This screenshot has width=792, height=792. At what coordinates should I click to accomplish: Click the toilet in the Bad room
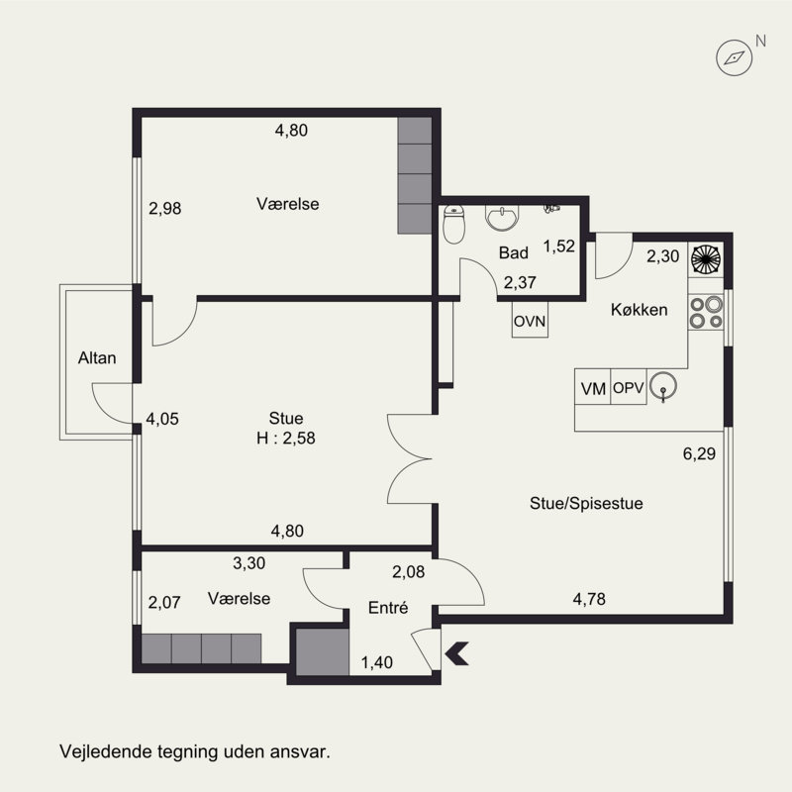(453, 225)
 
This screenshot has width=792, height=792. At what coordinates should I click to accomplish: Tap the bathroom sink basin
(501, 217)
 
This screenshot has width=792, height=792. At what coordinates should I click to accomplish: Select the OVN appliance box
(530, 320)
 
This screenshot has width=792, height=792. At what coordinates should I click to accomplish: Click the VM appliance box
(593, 387)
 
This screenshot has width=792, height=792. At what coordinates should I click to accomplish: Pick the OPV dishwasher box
(629, 387)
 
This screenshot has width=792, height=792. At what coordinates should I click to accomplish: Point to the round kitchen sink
(663, 386)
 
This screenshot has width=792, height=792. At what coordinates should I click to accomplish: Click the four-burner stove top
(706, 312)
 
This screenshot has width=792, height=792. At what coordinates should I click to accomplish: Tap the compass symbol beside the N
(735, 58)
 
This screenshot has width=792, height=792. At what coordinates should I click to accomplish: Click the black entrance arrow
(457, 653)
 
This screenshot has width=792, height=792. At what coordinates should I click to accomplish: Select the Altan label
(97, 358)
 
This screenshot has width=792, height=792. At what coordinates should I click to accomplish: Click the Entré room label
(388, 608)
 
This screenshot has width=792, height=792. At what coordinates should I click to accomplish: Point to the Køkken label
(639, 309)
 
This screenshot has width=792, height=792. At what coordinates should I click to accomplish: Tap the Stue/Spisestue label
(586, 503)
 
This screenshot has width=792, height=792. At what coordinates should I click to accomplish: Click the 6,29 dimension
(699, 453)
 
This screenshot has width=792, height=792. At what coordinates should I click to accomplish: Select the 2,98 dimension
(164, 208)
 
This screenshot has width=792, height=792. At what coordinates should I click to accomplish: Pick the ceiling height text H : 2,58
(286, 438)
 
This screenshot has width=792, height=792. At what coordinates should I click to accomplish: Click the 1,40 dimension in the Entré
(377, 662)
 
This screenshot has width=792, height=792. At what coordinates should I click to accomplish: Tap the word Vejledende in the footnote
(107, 751)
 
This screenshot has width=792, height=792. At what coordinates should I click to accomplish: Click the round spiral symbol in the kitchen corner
(706, 259)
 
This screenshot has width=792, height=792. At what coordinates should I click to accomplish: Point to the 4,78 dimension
(589, 599)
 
